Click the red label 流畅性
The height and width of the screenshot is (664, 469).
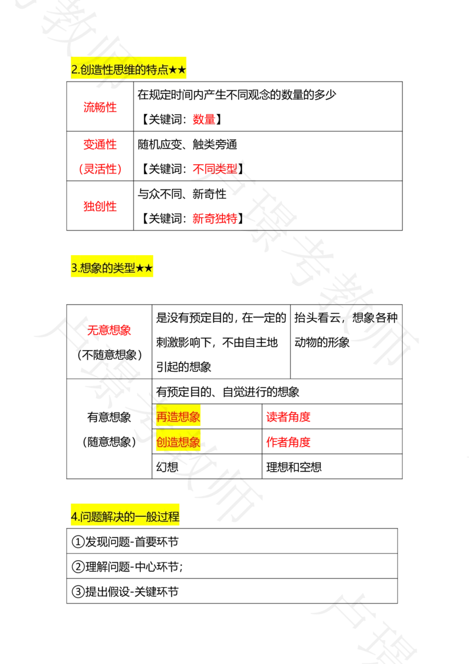click(99, 106)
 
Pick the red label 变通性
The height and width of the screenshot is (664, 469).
click(99, 143)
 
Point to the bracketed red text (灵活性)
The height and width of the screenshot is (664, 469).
click(99, 169)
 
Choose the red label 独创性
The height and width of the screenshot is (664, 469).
click(99, 206)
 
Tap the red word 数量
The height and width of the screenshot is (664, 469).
click(203, 120)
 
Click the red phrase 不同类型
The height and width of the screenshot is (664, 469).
click(215, 169)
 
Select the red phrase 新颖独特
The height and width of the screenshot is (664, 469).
click(215, 219)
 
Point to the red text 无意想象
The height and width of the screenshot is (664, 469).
click(108, 330)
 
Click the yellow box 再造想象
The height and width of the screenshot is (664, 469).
click(178, 417)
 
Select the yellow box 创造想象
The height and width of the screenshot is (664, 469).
click(178, 442)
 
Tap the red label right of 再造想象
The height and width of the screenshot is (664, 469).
click(288, 416)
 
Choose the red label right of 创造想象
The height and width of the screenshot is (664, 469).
click(288, 442)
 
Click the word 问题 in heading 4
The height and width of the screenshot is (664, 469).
click(90, 517)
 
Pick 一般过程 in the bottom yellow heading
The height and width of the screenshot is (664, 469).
click(161, 517)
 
